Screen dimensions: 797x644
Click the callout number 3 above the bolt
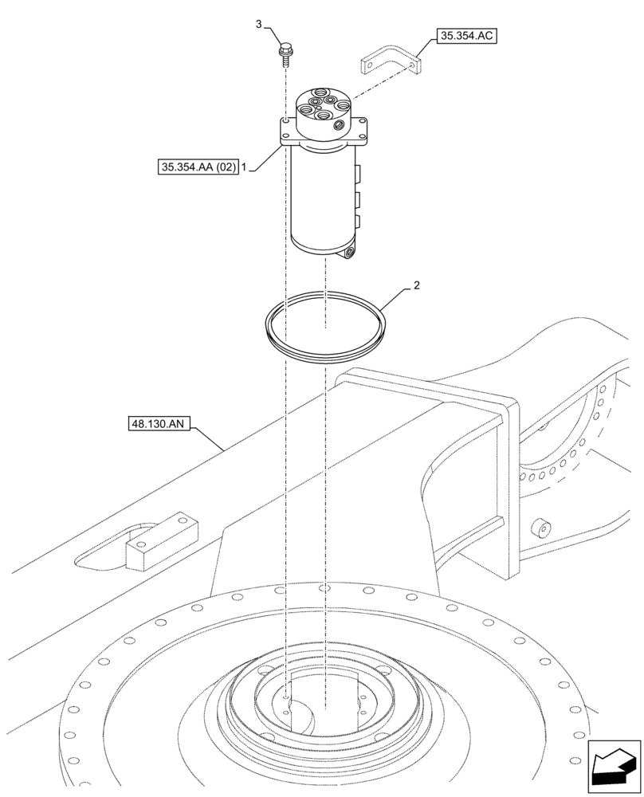(x=259, y=25)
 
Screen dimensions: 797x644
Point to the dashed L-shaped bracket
(x=391, y=62)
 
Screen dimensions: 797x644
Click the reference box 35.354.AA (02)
(x=198, y=167)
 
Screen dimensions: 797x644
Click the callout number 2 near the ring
(x=415, y=285)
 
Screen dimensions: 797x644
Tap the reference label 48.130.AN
(x=157, y=425)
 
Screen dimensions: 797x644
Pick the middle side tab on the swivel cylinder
(x=358, y=197)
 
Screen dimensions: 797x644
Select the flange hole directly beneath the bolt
(x=285, y=120)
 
